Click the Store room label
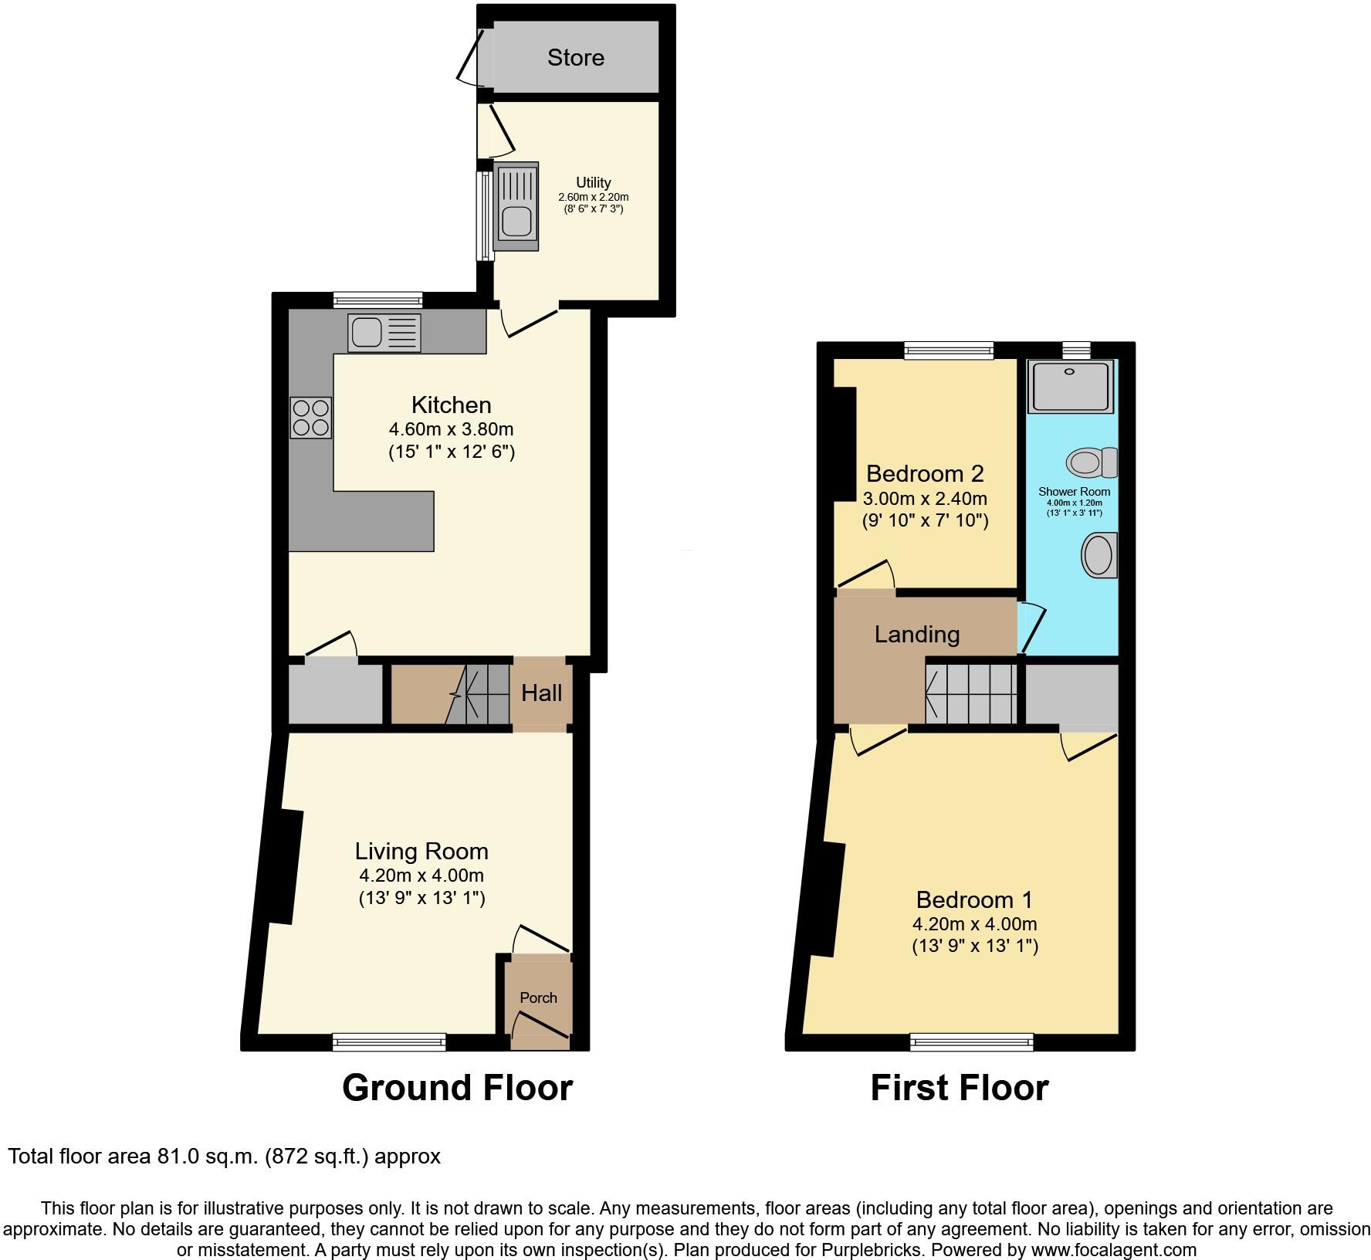(x=575, y=57)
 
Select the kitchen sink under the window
(x=384, y=333)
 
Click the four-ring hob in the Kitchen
(x=310, y=418)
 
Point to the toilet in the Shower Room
(x=1092, y=462)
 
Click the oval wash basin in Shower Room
(x=1099, y=554)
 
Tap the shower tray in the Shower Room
(x=1071, y=386)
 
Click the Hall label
(x=541, y=693)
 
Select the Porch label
(x=538, y=997)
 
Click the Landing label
(x=916, y=634)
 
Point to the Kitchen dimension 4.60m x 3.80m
(x=451, y=428)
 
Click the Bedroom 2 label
(x=924, y=473)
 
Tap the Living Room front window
(x=389, y=1042)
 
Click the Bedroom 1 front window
(x=971, y=1042)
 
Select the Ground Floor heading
(x=457, y=1087)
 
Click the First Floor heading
(x=959, y=1087)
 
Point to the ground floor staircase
(x=479, y=693)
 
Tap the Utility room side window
(x=485, y=215)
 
